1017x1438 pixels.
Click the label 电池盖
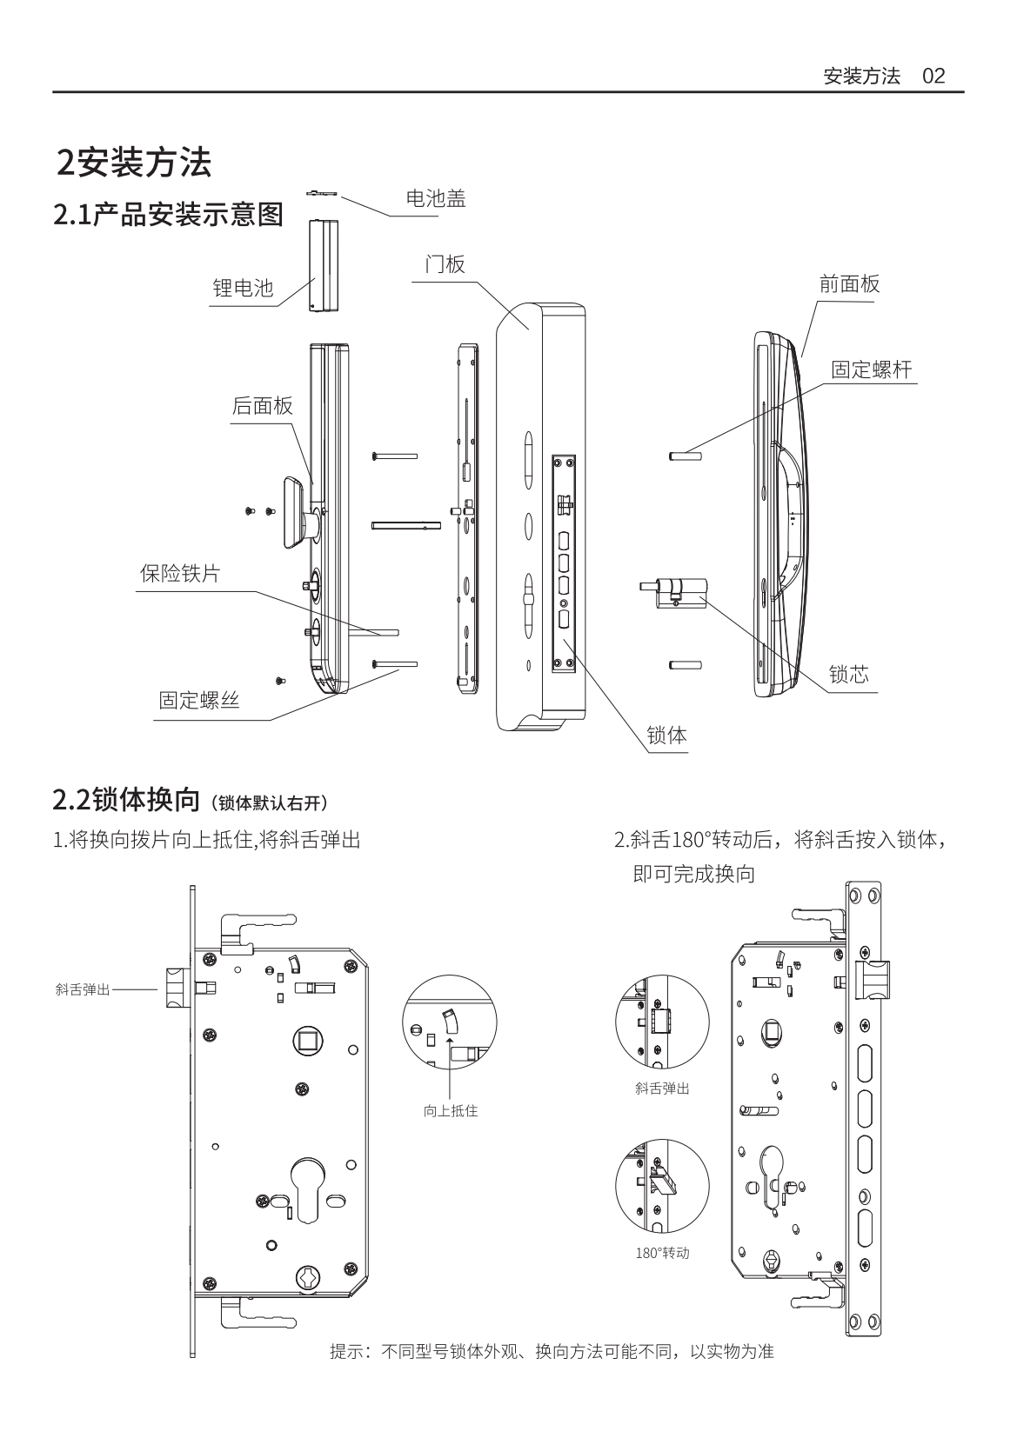(x=436, y=199)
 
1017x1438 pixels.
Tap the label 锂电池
(x=243, y=288)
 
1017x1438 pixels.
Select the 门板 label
(x=445, y=264)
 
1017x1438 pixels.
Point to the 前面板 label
(x=849, y=283)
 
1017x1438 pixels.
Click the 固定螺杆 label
(x=871, y=369)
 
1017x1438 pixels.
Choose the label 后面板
(x=262, y=406)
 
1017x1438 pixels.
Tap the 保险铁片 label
(x=180, y=574)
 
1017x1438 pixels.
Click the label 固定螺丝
(x=199, y=701)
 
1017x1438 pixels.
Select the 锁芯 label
(x=848, y=675)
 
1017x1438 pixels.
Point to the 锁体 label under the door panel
(x=666, y=736)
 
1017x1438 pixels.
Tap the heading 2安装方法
(x=134, y=163)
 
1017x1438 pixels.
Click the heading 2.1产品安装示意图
(x=169, y=214)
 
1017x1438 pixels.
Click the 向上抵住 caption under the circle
(x=450, y=1110)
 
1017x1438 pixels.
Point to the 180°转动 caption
(x=662, y=1253)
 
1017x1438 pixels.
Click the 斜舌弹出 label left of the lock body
(x=83, y=989)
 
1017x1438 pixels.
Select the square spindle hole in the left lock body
(x=306, y=1041)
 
